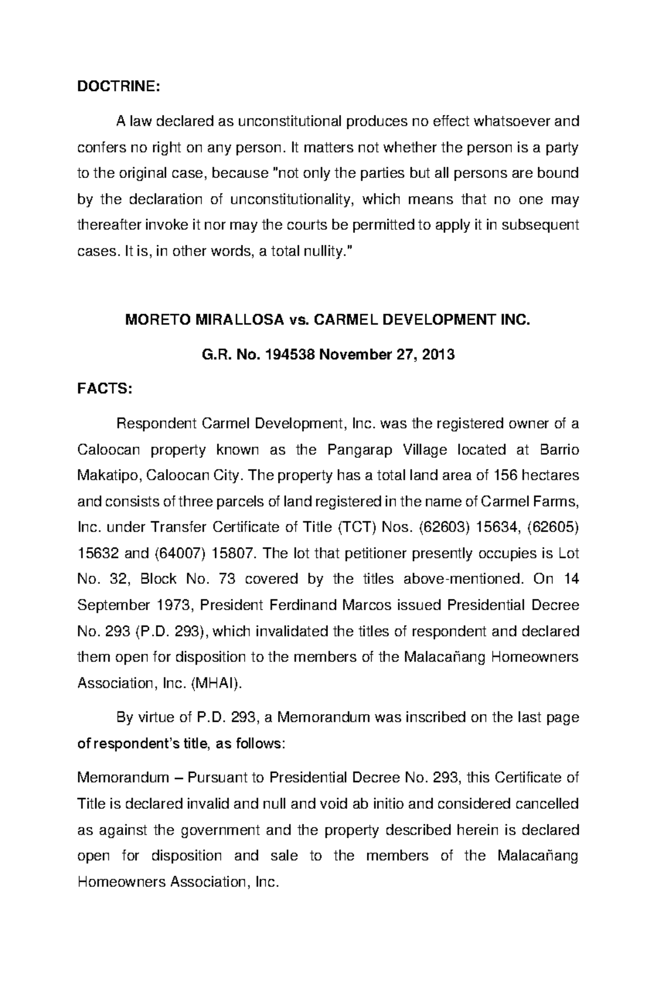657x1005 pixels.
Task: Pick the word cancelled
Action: coord(545,803)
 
